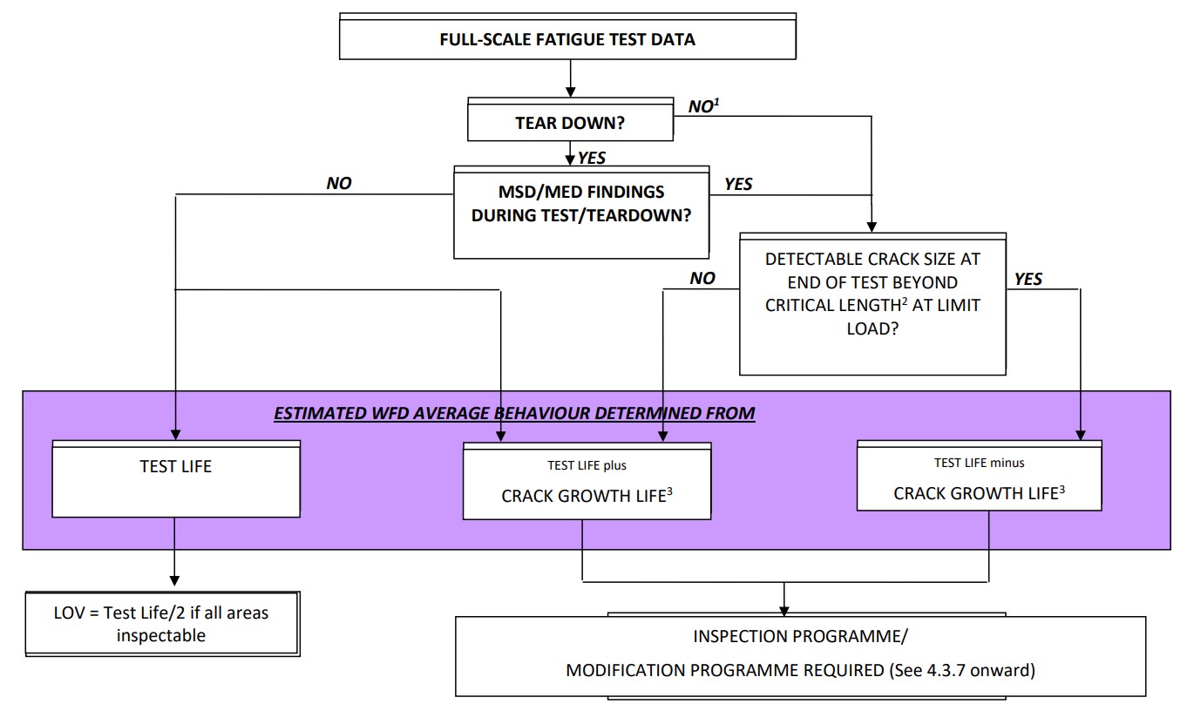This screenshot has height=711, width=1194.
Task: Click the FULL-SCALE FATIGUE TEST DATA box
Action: coord(567,39)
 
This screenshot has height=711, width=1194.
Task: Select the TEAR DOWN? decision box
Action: coord(570,123)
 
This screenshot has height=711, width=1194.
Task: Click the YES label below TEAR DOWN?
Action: coord(591,159)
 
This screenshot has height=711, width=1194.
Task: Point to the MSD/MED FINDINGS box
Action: coord(580,204)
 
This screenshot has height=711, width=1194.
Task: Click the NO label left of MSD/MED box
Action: coord(339,184)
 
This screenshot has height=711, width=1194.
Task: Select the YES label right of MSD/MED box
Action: coord(738,184)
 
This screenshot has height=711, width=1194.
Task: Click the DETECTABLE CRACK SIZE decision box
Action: coord(872,294)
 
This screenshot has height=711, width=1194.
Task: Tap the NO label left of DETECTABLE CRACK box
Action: coord(702,279)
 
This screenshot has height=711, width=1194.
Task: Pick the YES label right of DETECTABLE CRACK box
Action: coord(1028,280)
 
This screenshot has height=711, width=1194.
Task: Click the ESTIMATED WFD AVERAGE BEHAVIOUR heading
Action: coord(514,413)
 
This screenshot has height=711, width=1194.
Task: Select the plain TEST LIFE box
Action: coord(176,467)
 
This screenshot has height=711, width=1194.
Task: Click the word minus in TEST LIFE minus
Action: coord(1008,463)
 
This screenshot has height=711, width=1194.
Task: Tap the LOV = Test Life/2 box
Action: coord(161,624)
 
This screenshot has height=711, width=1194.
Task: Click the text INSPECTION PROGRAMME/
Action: coord(800,636)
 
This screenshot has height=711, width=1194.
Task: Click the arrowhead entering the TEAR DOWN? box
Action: coord(570,91)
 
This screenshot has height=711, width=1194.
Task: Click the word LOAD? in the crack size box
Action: coord(872,328)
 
